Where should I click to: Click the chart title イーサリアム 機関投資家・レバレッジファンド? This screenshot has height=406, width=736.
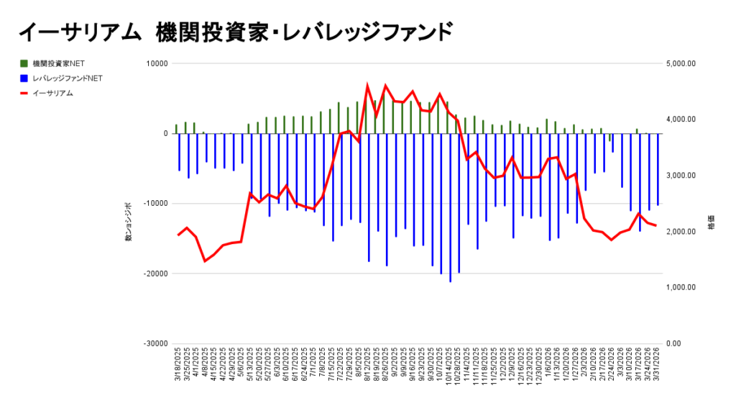(x=235, y=32)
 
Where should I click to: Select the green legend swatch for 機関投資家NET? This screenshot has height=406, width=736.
(x=24, y=64)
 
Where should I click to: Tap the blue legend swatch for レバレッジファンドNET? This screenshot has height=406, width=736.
(x=24, y=78)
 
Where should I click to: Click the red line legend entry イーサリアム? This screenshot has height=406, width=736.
(x=24, y=93)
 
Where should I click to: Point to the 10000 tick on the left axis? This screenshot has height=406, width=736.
(x=156, y=63)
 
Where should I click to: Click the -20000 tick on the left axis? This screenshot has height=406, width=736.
(x=154, y=274)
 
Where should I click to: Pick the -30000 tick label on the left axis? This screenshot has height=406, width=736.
(x=154, y=343)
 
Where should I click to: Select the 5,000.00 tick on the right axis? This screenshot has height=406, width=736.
(x=681, y=63)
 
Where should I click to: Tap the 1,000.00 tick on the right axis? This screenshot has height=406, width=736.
(x=681, y=287)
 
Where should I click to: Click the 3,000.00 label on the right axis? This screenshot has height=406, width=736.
(x=681, y=176)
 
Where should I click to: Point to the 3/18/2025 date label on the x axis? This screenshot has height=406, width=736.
(x=177, y=368)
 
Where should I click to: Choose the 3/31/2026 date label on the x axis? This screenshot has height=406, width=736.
(x=657, y=368)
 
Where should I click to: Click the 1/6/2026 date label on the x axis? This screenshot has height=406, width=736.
(x=548, y=368)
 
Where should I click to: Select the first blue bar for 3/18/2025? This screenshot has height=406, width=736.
(x=180, y=152)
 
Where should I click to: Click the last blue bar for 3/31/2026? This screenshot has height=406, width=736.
(x=658, y=169)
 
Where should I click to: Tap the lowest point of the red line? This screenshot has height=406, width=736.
(x=205, y=261)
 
